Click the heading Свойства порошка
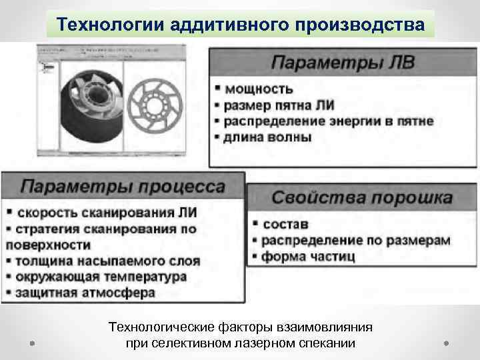361,198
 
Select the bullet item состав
286,223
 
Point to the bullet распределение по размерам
355,240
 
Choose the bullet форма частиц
309,256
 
